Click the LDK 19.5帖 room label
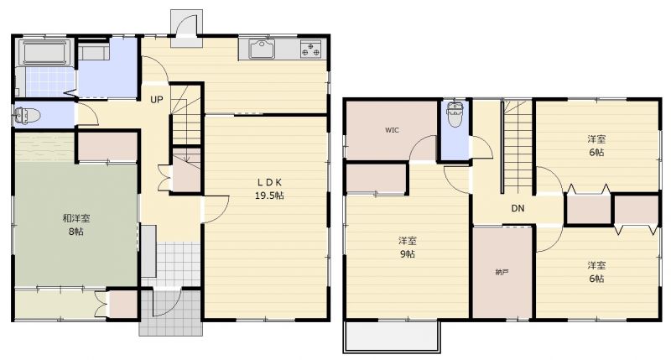click(x=269, y=189)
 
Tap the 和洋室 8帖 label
click(x=75, y=225)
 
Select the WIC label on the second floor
click(x=392, y=130)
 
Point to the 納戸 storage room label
click(x=502, y=272)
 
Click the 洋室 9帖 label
click(x=407, y=247)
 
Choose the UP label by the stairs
click(x=157, y=100)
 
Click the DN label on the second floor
click(x=518, y=208)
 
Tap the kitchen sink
click(x=262, y=49)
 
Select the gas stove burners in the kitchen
click(x=310, y=48)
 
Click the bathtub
click(x=44, y=53)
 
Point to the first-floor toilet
click(x=27, y=115)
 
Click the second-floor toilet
click(x=454, y=113)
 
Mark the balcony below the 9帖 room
click(x=392, y=337)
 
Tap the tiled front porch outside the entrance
click(x=171, y=312)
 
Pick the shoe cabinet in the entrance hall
click(x=148, y=251)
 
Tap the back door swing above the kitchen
click(x=186, y=27)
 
